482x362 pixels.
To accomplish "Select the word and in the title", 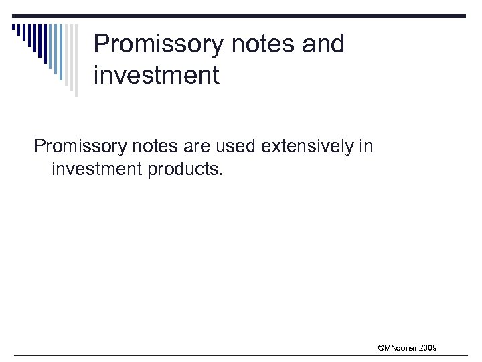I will point(321,44).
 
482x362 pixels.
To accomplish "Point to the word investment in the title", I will point(156,75).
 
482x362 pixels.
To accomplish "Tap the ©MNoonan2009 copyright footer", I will point(407,347).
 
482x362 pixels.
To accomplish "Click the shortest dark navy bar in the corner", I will point(13,27).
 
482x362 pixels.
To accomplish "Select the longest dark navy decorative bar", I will point(45,44).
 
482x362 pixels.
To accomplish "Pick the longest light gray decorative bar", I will point(76,60).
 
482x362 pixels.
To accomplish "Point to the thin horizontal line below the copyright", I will point(241,355).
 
